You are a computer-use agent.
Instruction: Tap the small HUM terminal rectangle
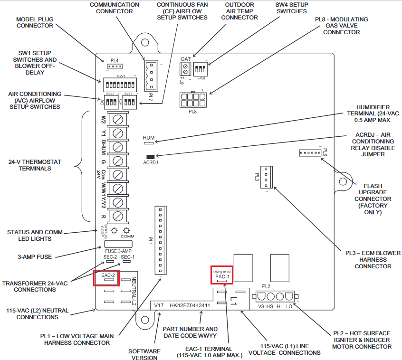(149, 142)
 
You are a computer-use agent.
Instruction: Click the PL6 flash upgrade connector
(310, 152)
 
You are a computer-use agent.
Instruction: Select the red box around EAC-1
(222, 275)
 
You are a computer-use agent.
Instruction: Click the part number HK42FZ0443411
(190, 305)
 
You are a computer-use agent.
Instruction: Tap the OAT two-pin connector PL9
(185, 69)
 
